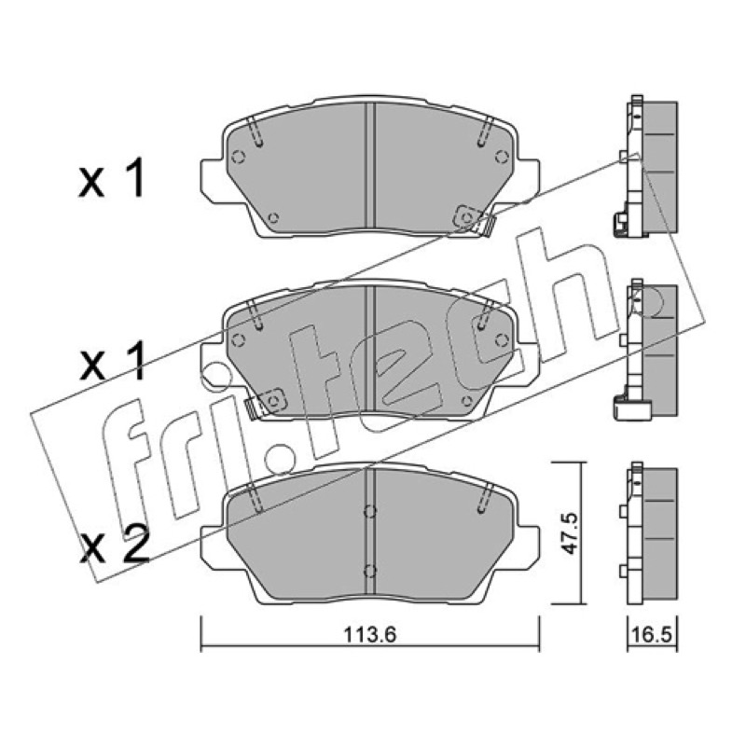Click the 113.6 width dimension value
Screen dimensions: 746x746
click(369, 635)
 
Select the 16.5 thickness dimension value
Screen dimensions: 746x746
click(652, 635)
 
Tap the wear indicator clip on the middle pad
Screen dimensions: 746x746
click(264, 403)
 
